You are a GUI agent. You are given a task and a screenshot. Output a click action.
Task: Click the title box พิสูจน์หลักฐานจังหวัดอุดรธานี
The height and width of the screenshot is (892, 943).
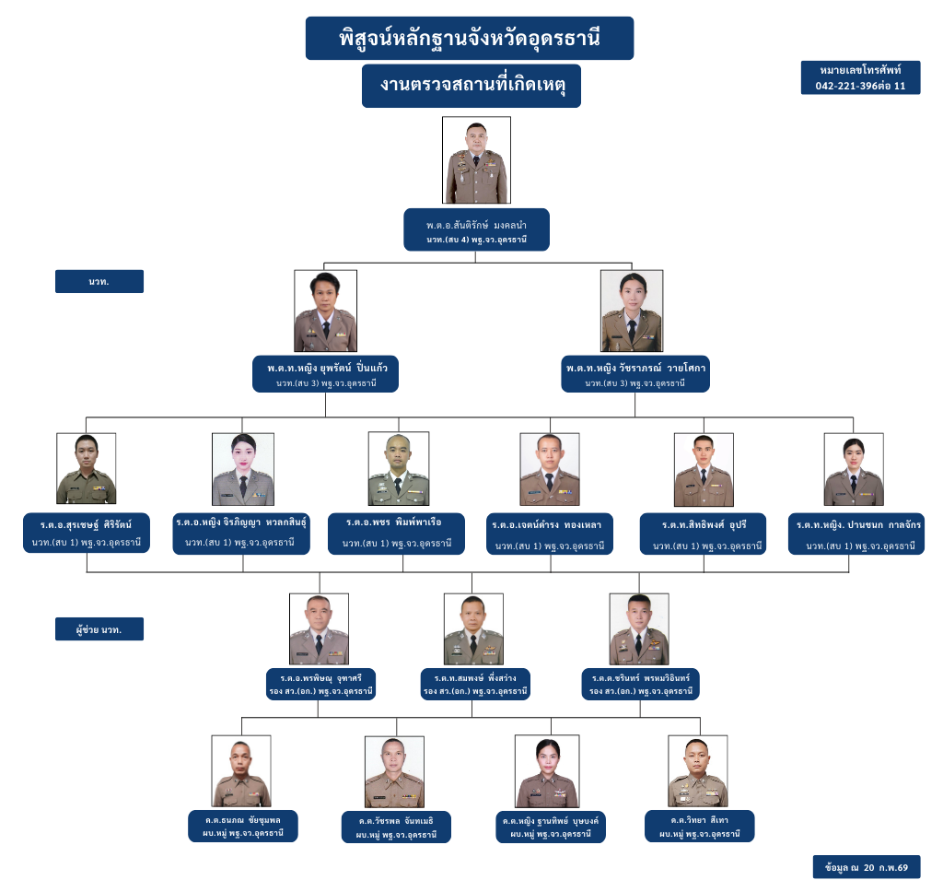(x=470, y=39)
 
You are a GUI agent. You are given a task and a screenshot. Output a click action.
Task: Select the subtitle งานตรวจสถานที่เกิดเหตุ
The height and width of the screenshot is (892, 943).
(x=471, y=86)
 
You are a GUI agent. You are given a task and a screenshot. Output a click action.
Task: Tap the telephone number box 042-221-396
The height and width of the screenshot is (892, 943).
(x=860, y=77)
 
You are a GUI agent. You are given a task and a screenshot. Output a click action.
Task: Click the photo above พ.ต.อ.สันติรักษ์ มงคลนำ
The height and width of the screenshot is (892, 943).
(x=476, y=159)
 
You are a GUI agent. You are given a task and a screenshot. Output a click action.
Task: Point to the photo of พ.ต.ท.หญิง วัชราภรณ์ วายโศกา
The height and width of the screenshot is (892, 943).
(x=631, y=311)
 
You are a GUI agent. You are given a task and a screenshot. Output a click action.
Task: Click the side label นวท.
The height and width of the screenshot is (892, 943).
(x=99, y=281)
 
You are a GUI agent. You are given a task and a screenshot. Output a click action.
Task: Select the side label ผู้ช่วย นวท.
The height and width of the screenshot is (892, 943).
(x=99, y=629)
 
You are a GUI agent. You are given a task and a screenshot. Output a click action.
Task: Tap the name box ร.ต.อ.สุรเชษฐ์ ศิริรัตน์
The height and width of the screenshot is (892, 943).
(x=86, y=534)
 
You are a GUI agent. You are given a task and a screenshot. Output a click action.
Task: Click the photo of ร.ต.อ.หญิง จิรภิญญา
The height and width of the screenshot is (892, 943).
(x=243, y=469)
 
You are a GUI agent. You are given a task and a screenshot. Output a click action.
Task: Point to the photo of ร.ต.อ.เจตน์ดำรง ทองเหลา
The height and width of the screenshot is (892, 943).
(x=549, y=469)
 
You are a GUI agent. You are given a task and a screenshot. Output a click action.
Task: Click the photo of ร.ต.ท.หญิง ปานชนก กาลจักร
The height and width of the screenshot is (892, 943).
(x=854, y=469)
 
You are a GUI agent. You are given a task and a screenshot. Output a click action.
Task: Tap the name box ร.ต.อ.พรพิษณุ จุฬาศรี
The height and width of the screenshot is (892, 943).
(x=320, y=683)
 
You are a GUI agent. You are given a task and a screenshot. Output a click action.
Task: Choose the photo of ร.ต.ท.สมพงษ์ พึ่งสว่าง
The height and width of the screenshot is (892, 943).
(x=473, y=629)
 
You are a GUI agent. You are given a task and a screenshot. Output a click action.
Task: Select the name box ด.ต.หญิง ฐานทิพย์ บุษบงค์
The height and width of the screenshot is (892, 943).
(x=549, y=826)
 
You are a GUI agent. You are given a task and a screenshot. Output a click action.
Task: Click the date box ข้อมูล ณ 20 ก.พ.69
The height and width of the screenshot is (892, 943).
(x=867, y=867)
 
